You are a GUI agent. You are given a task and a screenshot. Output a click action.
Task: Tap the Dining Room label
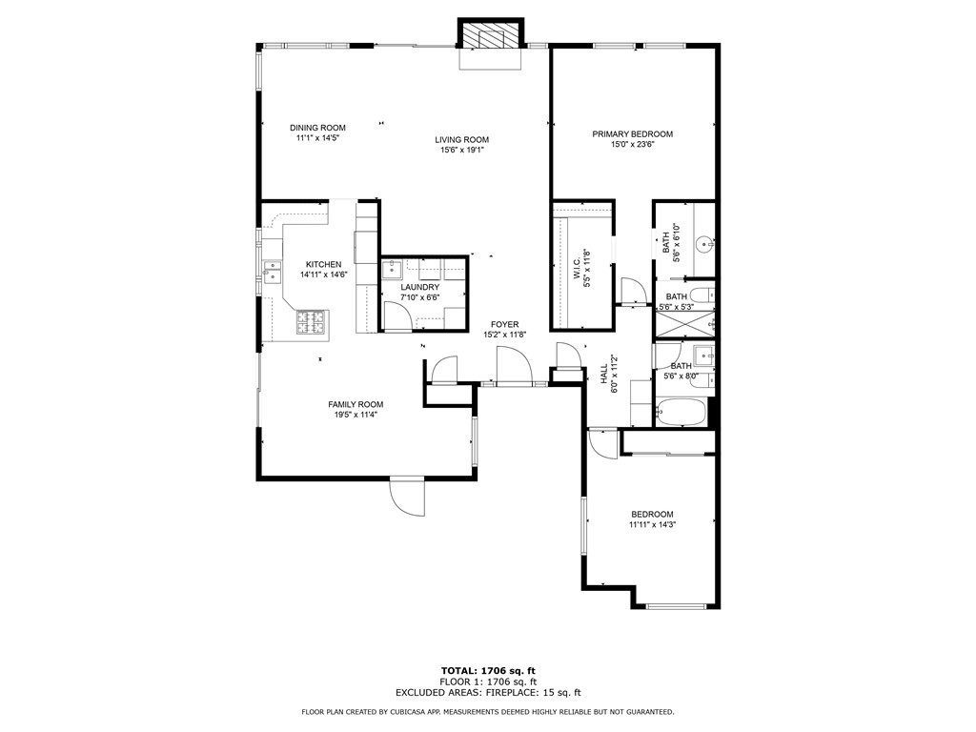317,129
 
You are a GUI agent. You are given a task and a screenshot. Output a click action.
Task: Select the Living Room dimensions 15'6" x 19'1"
462,150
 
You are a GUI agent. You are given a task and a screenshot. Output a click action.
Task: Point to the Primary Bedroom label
633,134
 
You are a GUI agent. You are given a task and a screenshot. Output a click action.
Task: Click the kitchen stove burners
312,322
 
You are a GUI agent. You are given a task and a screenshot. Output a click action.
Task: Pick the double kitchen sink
272,272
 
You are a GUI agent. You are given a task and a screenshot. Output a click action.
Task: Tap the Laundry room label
420,288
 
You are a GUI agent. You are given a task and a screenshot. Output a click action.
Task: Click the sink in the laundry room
392,269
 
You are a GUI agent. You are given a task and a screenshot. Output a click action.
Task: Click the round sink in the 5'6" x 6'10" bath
704,243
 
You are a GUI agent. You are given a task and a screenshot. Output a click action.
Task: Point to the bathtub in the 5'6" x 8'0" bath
681,413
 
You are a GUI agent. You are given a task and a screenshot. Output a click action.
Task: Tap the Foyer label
505,325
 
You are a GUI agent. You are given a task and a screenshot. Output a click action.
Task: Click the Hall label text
603,374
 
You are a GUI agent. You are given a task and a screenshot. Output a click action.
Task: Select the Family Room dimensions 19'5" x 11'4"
356,416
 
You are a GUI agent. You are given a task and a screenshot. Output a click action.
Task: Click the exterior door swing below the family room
408,497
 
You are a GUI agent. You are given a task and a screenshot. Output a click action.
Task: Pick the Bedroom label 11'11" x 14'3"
652,519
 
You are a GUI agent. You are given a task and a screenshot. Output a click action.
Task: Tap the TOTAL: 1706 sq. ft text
488,671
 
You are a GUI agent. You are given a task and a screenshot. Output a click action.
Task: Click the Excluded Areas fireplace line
488,693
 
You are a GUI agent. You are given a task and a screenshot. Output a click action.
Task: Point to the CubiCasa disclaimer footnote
488,711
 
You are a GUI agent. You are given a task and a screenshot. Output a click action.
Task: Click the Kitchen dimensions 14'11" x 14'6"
324,274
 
